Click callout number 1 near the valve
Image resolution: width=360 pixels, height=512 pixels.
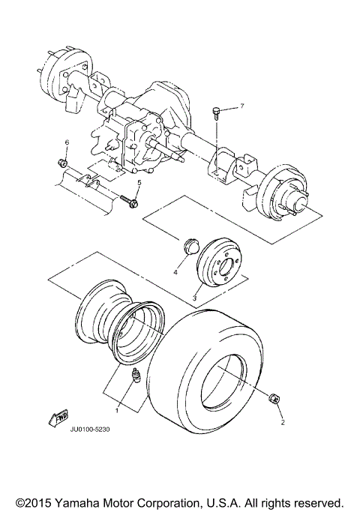(117, 410)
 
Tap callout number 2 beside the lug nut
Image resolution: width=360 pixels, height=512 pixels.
(283, 423)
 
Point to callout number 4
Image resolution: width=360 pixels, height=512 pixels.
(175, 273)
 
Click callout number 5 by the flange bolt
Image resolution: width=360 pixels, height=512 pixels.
(139, 183)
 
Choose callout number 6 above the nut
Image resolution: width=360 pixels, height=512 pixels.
(66, 142)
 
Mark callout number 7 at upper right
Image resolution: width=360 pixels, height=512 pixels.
(241, 108)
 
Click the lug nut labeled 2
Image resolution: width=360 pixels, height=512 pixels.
(274, 398)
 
